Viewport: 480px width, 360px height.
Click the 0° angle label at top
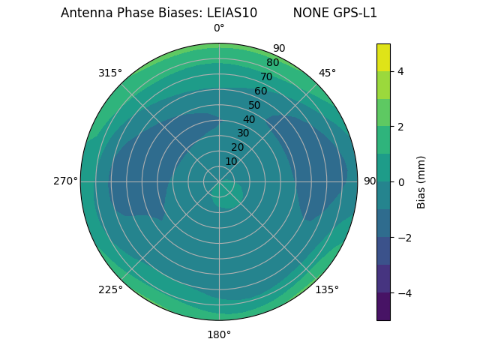tap(219, 28)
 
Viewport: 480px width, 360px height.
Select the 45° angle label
tap(327, 73)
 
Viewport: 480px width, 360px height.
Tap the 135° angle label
tap(327, 290)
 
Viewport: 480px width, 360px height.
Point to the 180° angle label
tap(219, 334)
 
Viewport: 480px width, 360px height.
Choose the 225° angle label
tap(110, 290)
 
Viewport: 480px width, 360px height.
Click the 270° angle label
tap(65, 181)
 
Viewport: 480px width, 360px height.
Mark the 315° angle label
tap(110, 73)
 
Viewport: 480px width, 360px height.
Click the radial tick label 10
tap(231, 161)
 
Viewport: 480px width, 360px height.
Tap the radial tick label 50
tap(255, 106)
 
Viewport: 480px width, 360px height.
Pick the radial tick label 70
tap(266, 76)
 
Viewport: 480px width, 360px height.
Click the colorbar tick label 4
tap(400, 71)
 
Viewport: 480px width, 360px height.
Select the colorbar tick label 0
tap(400, 182)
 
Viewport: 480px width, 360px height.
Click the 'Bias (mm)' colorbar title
tap(421, 182)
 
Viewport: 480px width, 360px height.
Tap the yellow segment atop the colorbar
tap(383, 57)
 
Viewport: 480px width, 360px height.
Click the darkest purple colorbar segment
tap(383, 307)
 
